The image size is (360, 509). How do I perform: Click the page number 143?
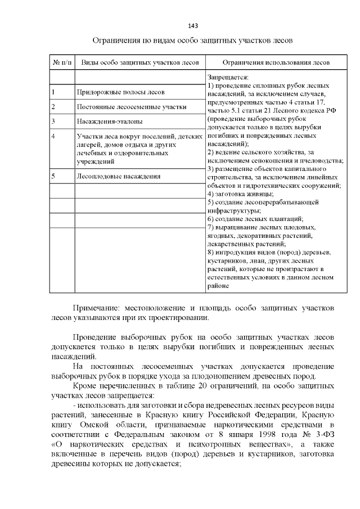click(x=193, y=26)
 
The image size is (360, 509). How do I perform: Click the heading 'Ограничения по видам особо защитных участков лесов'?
click(x=193, y=42)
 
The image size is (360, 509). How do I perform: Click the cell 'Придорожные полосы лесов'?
click(x=120, y=92)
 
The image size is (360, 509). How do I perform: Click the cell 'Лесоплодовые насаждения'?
click(x=118, y=176)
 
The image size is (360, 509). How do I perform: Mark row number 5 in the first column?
click(x=53, y=176)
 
